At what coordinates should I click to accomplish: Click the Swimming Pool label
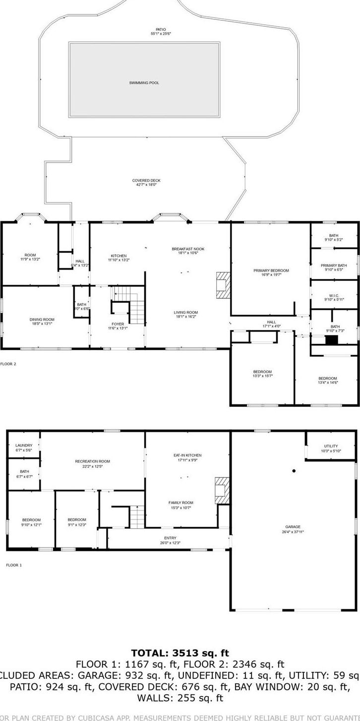(144, 83)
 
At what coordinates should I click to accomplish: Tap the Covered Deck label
(146, 181)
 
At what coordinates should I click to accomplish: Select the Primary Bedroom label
(271, 271)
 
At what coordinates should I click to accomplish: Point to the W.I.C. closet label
(334, 296)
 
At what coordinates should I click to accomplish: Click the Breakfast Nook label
(188, 249)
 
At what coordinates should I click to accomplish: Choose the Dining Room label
(42, 320)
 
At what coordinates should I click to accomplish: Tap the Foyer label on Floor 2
(118, 324)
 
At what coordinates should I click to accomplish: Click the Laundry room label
(24, 445)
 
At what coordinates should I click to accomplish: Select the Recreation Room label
(93, 461)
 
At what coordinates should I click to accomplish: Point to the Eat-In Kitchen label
(187, 455)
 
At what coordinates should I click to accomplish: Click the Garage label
(293, 527)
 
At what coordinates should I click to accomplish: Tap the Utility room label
(331, 446)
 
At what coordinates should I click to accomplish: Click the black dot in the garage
(294, 471)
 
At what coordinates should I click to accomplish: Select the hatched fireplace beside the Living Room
(223, 284)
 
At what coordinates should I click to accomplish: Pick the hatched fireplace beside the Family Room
(223, 490)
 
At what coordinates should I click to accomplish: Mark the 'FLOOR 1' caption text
(14, 565)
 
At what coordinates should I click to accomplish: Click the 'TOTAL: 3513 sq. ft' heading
(180, 653)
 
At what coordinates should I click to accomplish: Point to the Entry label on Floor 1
(170, 538)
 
